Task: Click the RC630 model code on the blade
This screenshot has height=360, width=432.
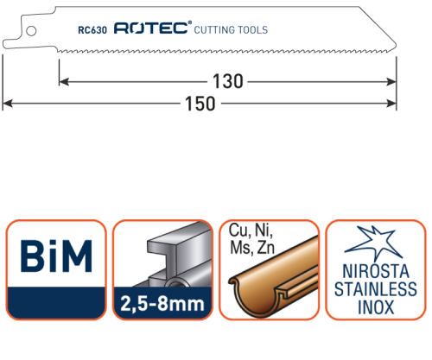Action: click(92, 29)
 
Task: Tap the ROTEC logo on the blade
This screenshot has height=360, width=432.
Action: click(153, 28)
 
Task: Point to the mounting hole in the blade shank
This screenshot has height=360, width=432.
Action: click(31, 31)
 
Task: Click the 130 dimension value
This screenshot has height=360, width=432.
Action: click(228, 81)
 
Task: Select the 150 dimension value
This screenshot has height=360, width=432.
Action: click(200, 104)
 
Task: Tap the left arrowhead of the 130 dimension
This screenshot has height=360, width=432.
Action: click(64, 82)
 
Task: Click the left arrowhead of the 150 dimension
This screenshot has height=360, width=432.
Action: click(8, 104)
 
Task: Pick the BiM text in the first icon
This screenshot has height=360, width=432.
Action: click(56, 256)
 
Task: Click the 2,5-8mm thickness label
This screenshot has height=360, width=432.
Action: click(162, 304)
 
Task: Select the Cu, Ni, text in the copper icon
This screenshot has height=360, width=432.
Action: click(251, 231)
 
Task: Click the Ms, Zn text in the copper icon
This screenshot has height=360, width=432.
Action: click(252, 248)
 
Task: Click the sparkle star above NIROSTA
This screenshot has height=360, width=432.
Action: click(373, 243)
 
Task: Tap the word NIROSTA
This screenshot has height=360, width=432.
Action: click(376, 271)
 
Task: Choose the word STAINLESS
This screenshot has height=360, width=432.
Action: click(376, 289)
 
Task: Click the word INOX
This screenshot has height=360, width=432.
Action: click(376, 307)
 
